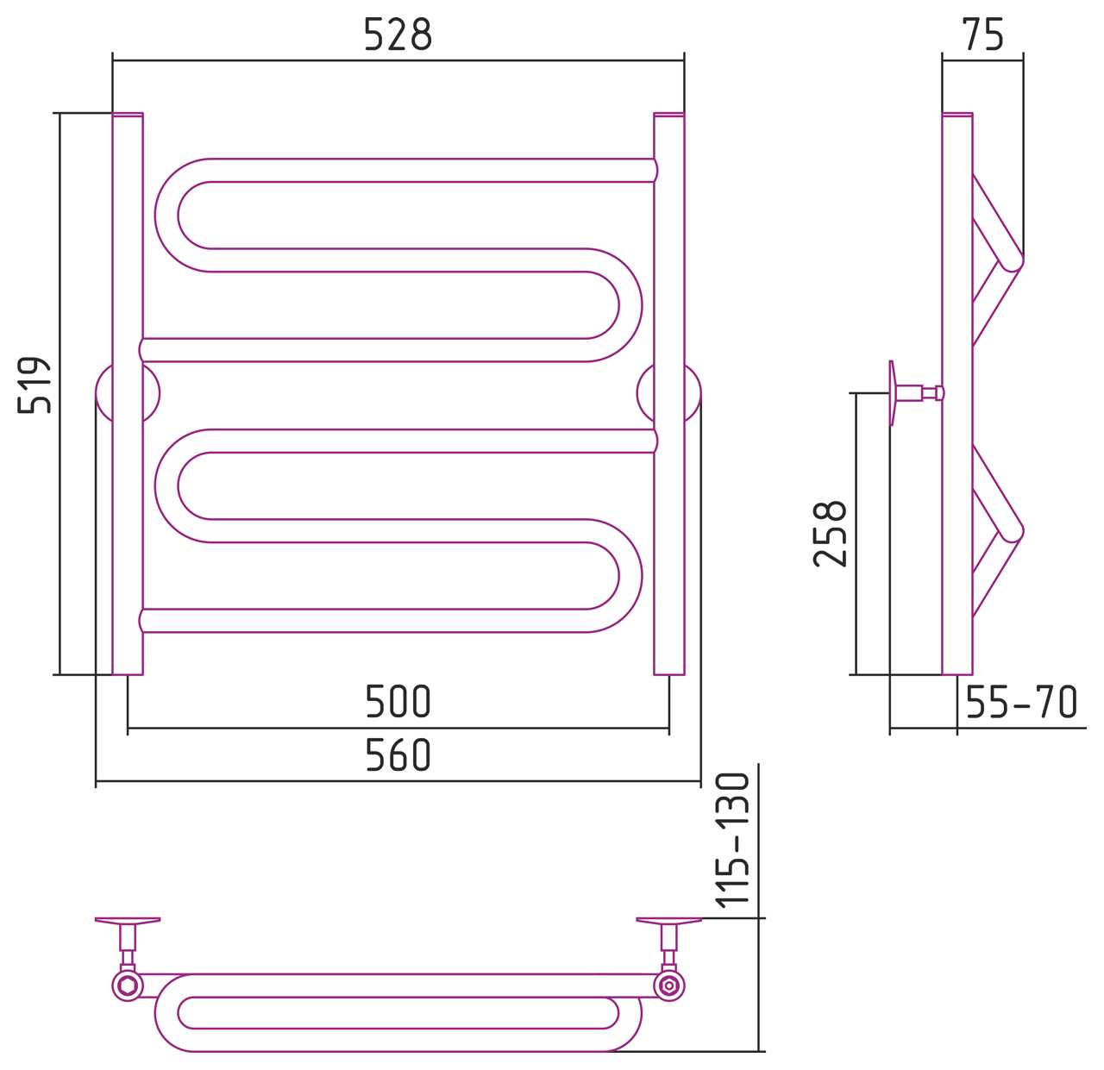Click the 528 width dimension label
(398, 34)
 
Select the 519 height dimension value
(34, 385)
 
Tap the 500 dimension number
(398, 702)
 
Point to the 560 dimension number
(398, 754)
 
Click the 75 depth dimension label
(983, 34)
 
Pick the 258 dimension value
(830, 534)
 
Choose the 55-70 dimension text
(1021, 702)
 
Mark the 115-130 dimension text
(733, 841)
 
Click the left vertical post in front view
(128, 393)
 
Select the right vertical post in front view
(668, 393)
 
